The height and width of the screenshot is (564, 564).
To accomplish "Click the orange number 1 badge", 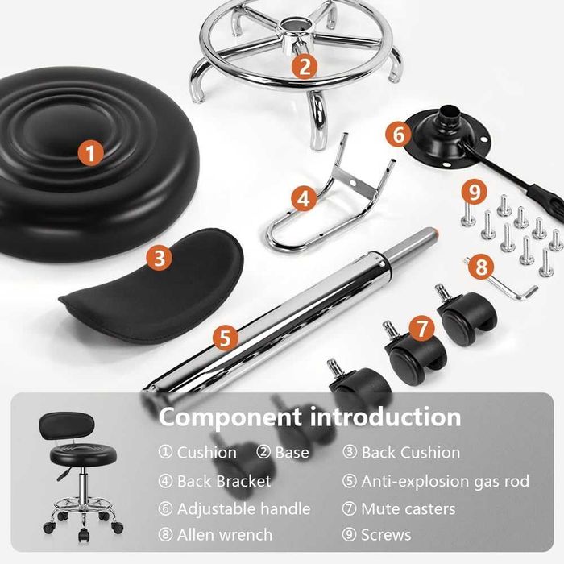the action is [90, 153].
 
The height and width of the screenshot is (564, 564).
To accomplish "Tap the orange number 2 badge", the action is [305, 66].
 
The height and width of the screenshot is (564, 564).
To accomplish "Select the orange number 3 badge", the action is [160, 258].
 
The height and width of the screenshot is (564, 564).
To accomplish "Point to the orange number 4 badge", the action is [305, 198].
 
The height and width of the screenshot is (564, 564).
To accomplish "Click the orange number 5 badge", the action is [225, 338].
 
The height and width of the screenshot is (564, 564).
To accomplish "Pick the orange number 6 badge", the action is [398, 135].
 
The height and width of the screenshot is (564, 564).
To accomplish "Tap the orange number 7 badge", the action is [422, 328].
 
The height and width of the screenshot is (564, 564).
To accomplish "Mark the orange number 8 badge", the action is [481, 267].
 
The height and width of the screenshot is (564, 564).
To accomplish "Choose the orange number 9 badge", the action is [474, 192].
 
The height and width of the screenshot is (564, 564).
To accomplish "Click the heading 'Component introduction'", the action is [309, 417].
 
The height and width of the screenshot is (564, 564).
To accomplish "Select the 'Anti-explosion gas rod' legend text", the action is [446, 481].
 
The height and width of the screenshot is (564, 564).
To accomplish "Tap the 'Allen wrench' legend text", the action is [225, 535].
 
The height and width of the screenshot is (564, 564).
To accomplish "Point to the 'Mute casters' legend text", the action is [408, 509].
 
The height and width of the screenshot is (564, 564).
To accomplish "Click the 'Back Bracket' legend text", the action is [224, 481].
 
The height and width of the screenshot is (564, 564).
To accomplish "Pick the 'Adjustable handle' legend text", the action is [243, 509].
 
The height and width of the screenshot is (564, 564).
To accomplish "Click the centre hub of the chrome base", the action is [297, 33].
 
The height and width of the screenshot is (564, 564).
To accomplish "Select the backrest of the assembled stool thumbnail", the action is [67, 426].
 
